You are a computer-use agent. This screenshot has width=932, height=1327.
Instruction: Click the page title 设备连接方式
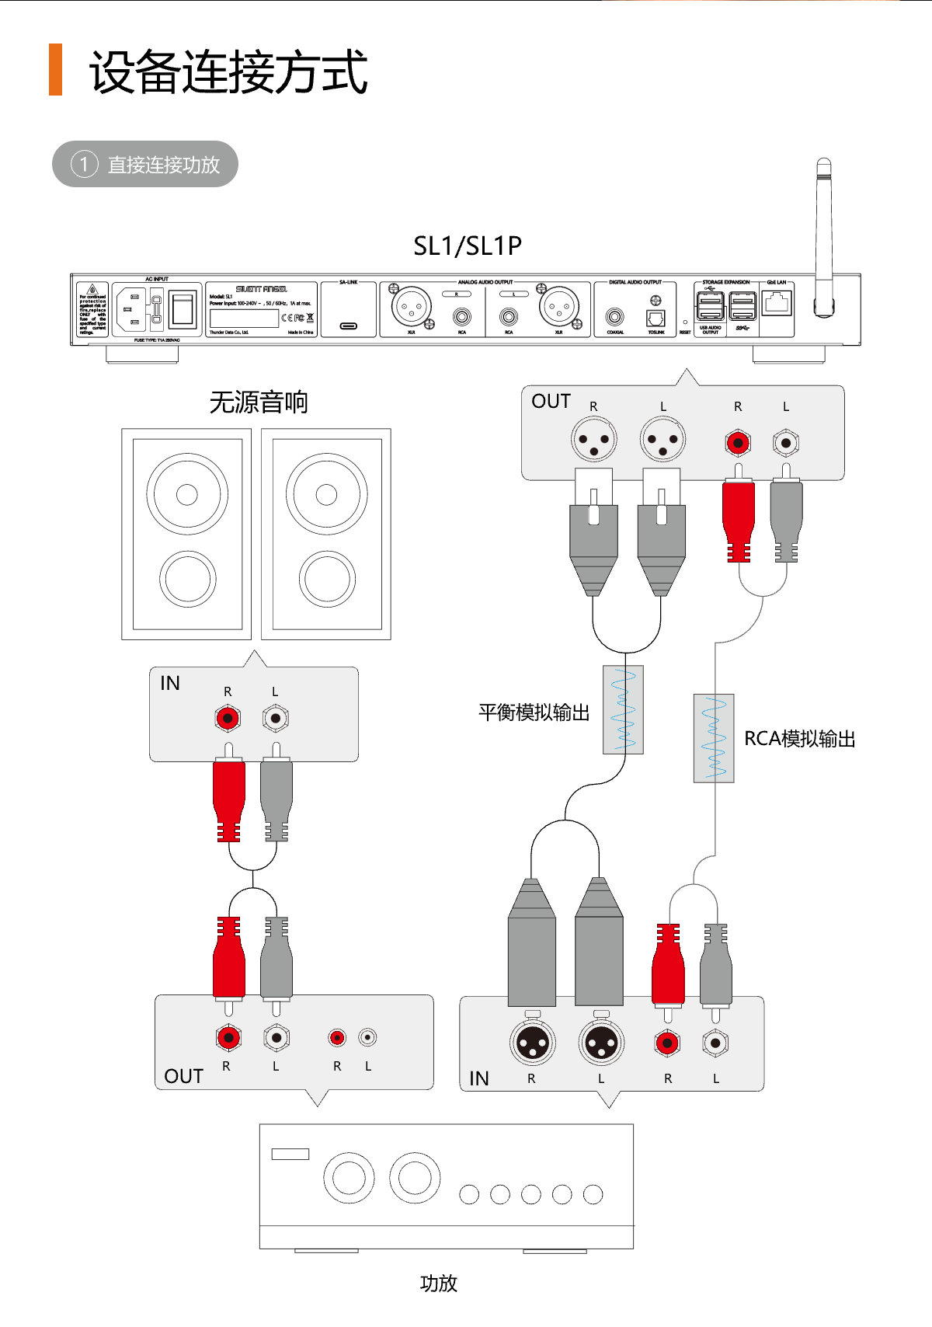coord(228,71)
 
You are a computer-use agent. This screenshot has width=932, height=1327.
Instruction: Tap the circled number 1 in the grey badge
coord(84,164)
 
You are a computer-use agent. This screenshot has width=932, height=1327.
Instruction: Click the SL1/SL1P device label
coord(467,246)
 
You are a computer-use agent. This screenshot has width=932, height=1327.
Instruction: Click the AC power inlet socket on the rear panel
coord(131,309)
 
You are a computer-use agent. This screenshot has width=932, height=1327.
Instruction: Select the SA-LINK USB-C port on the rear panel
coord(349,326)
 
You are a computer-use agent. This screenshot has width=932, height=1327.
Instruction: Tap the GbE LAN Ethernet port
coord(777,303)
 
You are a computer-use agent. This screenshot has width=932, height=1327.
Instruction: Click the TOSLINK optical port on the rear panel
coord(656,318)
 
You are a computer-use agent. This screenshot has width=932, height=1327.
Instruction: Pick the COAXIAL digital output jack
coord(615,317)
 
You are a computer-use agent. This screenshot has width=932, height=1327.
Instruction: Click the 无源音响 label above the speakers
coord(259,402)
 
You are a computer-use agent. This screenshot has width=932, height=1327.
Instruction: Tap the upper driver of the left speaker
coord(186,494)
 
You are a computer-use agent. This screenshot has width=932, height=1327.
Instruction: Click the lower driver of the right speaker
coord(326,579)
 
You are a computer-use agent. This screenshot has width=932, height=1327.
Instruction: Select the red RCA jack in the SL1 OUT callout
coord(738,443)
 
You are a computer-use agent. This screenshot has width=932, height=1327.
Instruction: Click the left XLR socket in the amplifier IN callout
coord(533,1043)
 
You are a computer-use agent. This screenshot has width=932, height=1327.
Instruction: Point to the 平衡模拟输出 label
coord(534,712)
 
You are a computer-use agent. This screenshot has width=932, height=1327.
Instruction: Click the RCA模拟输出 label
coord(799,738)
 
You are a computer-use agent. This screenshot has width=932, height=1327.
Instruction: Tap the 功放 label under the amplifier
coord(438,1283)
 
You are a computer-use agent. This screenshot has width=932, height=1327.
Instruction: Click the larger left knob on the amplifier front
coord(349,1178)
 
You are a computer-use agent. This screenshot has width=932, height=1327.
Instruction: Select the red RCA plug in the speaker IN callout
coord(228,796)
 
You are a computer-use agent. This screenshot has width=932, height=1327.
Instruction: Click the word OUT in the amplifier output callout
coord(183,1076)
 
